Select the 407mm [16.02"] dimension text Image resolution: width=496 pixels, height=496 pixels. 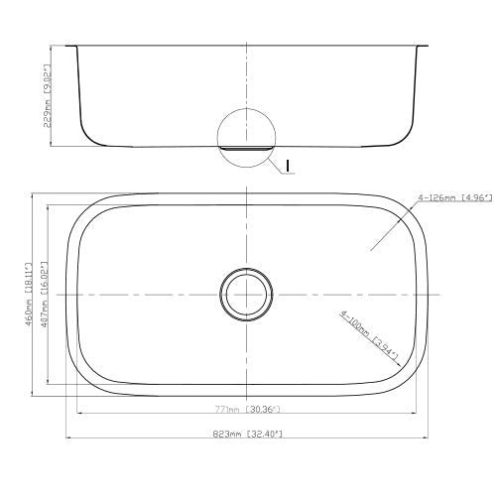click(x=44, y=294)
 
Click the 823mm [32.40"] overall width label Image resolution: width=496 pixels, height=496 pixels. click(x=246, y=434)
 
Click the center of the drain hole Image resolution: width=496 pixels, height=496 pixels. click(x=245, y=294)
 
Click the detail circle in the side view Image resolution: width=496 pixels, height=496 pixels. click(x=245, y=134)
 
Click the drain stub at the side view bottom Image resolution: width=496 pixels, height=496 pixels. click(x=245, y=149)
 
